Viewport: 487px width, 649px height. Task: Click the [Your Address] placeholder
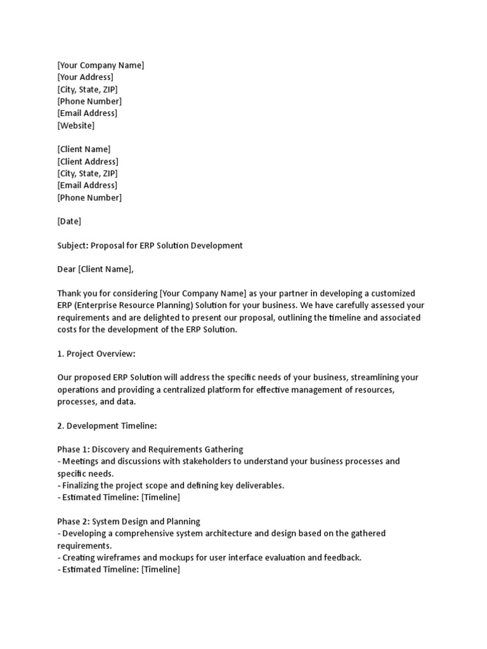tap(85, 77)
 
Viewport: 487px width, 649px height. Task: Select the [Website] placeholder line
tap(75, 125)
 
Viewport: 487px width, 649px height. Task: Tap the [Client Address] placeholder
tap(88, 162)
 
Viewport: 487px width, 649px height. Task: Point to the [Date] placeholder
tap(69, 221)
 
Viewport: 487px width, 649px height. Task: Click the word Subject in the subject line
tap(72, 245)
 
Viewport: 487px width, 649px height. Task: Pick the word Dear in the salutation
tap(66, 269)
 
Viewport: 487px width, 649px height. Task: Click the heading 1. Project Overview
tap(96, 353)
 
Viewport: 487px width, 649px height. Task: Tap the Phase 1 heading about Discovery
tap(150, 449)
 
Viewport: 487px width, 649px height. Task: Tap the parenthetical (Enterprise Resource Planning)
tap(136, 305)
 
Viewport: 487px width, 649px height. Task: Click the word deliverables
tap(261, 485)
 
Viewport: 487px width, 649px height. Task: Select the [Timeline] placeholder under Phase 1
tap(160, 498)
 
